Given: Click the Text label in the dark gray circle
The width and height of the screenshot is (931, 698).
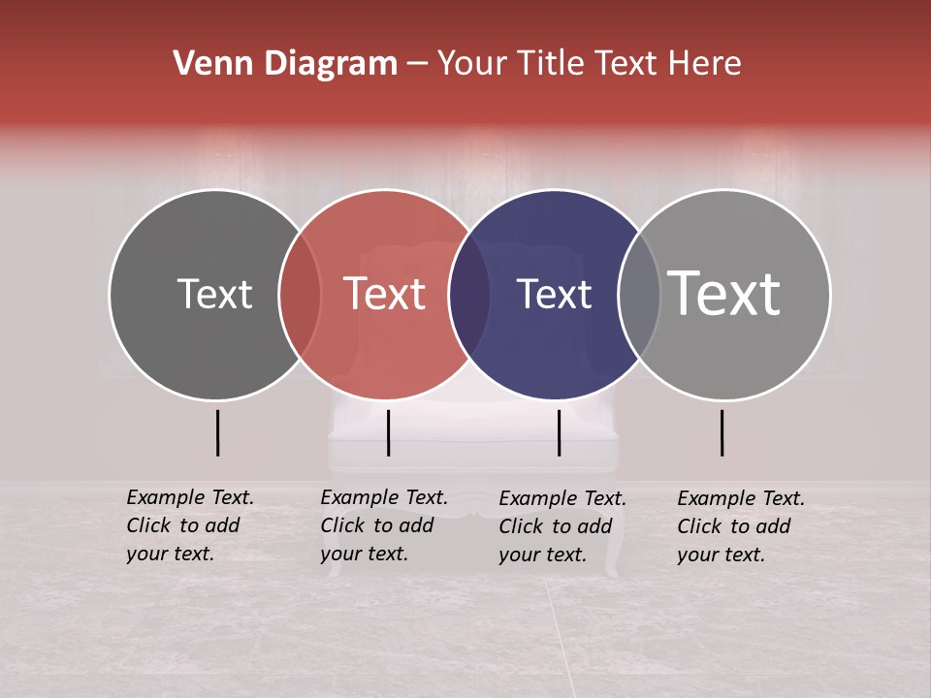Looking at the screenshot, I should click(214, 294).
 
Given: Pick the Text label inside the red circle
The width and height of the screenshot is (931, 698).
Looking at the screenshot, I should click(385, 294).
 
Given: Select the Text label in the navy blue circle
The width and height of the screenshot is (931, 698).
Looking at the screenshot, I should click(555, 294).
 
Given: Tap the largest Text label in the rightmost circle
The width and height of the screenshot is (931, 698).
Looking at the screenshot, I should click(724, 293).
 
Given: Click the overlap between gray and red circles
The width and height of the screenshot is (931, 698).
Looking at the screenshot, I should click(300, 294).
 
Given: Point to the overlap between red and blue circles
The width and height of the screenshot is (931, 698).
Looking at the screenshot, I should click(469, 294).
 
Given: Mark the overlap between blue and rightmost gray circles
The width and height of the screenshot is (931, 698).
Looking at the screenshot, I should click(638, 294).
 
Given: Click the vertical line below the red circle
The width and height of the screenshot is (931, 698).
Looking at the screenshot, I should click(388, 432).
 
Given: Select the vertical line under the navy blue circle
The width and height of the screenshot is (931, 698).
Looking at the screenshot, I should click(559, 432).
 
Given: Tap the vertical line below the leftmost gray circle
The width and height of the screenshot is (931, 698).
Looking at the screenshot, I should click(218, 432).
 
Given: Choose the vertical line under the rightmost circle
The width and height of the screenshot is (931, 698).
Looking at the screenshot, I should click(722, 432).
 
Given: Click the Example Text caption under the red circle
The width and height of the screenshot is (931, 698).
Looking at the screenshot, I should click(384, 497).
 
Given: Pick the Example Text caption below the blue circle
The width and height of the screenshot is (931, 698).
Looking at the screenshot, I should click(562, 498).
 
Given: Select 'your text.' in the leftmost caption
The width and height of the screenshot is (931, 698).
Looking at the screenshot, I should click(170, 554).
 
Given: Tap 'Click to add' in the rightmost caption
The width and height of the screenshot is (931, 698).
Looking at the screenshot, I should click(733, 526).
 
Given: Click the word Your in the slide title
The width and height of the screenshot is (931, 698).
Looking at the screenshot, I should click(472, 63).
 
